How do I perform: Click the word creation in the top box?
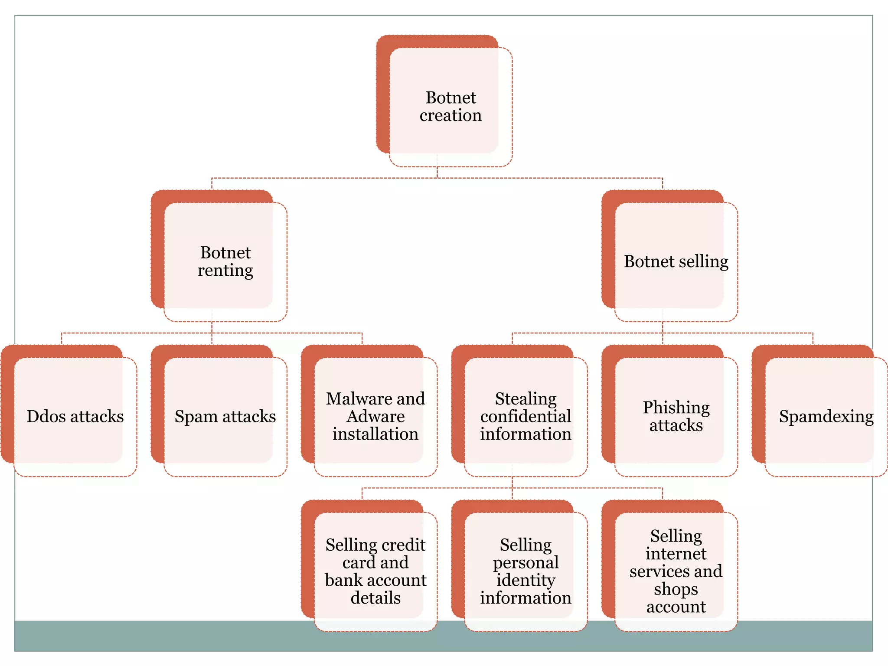pyautogui.click(x=451, y=116)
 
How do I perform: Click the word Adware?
pyautogui.click(x=375, y=417)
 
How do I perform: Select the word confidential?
pyautogui.click(x=526, y=417)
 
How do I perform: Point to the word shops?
pyautogui.click(x=676, y=589)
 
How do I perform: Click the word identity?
pyautogui.click(x=526, y=581)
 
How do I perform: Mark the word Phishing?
pyautogui.click(x=676, y=408)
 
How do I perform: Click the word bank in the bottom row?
pyautogui.click(x=344, y=581)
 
